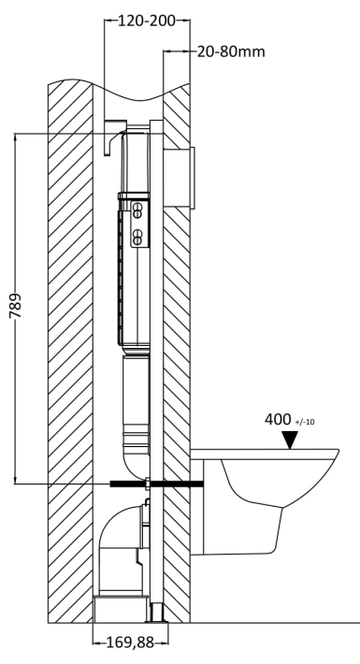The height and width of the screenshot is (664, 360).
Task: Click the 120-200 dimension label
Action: tap(146, 21)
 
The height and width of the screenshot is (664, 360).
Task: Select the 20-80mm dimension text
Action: tap(231, 51)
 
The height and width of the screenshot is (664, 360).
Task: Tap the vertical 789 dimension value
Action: tap(16, 306)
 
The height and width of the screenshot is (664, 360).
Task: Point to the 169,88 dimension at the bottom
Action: tap(130, 642)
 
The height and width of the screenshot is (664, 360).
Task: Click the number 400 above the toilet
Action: tap(278, 420)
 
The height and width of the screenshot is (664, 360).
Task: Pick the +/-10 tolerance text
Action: tap(304, 422)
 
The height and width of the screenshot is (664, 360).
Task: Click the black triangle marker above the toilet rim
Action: tap(290, 440)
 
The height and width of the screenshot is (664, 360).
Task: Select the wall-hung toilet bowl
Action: tap(265, 502)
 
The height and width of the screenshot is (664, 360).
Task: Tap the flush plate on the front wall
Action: tap(193, 178)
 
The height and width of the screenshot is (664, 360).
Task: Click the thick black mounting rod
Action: tap(157, 484)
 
